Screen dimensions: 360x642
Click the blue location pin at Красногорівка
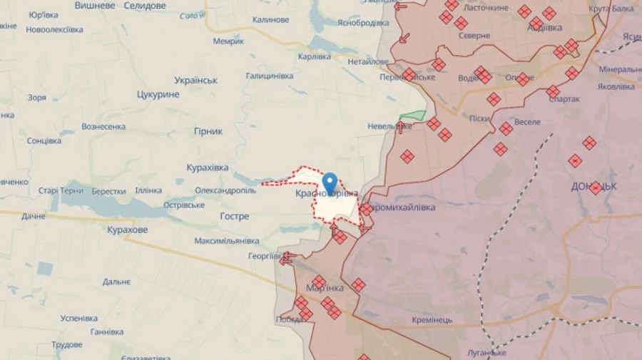pos(330,182)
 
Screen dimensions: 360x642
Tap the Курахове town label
pos(128,230)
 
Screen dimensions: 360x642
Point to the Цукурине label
pos(158,94)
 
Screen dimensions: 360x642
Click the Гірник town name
pos(208,131)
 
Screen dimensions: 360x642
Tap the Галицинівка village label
pos(270,76)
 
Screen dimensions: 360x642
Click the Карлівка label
pos(315,56)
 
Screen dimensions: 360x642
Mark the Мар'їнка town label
pos(325,288)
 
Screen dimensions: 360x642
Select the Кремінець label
pos(432,319)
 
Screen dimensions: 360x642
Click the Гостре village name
pos(235,216)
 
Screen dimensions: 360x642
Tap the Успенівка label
pos(79,318)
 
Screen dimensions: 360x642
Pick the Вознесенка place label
pos(104,126)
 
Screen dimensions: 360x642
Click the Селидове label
pos(145,6)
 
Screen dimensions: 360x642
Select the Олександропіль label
pos(225,191)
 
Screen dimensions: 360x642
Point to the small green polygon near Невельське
pos(412,115)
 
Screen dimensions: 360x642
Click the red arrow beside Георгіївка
pos(287,258)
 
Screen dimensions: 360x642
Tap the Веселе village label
pos(527,122)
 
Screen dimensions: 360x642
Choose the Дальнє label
pos(116,282)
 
